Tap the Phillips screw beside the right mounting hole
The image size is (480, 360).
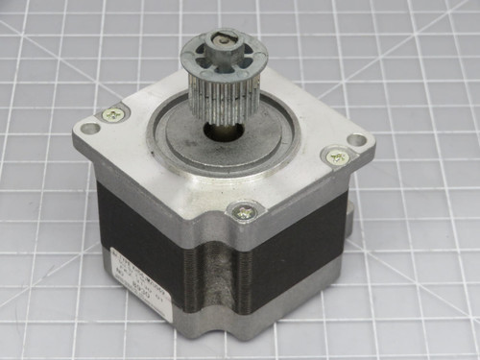pyautogui.click(x=337, y=156)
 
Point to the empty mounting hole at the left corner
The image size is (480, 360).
pyautogui.click(x=90, y=128)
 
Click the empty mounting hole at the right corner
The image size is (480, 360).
pyautogui.click(x=357, y=140)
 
